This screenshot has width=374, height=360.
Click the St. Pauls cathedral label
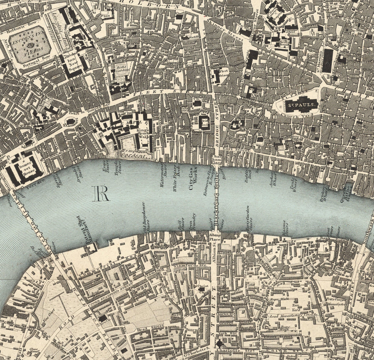coord(301,105)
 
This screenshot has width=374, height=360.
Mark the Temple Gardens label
coord(134,154)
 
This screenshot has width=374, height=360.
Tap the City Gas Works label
coord(193,181)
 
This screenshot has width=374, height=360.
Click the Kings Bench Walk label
coord(143,133)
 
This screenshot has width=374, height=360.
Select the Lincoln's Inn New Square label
coord(70,64)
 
